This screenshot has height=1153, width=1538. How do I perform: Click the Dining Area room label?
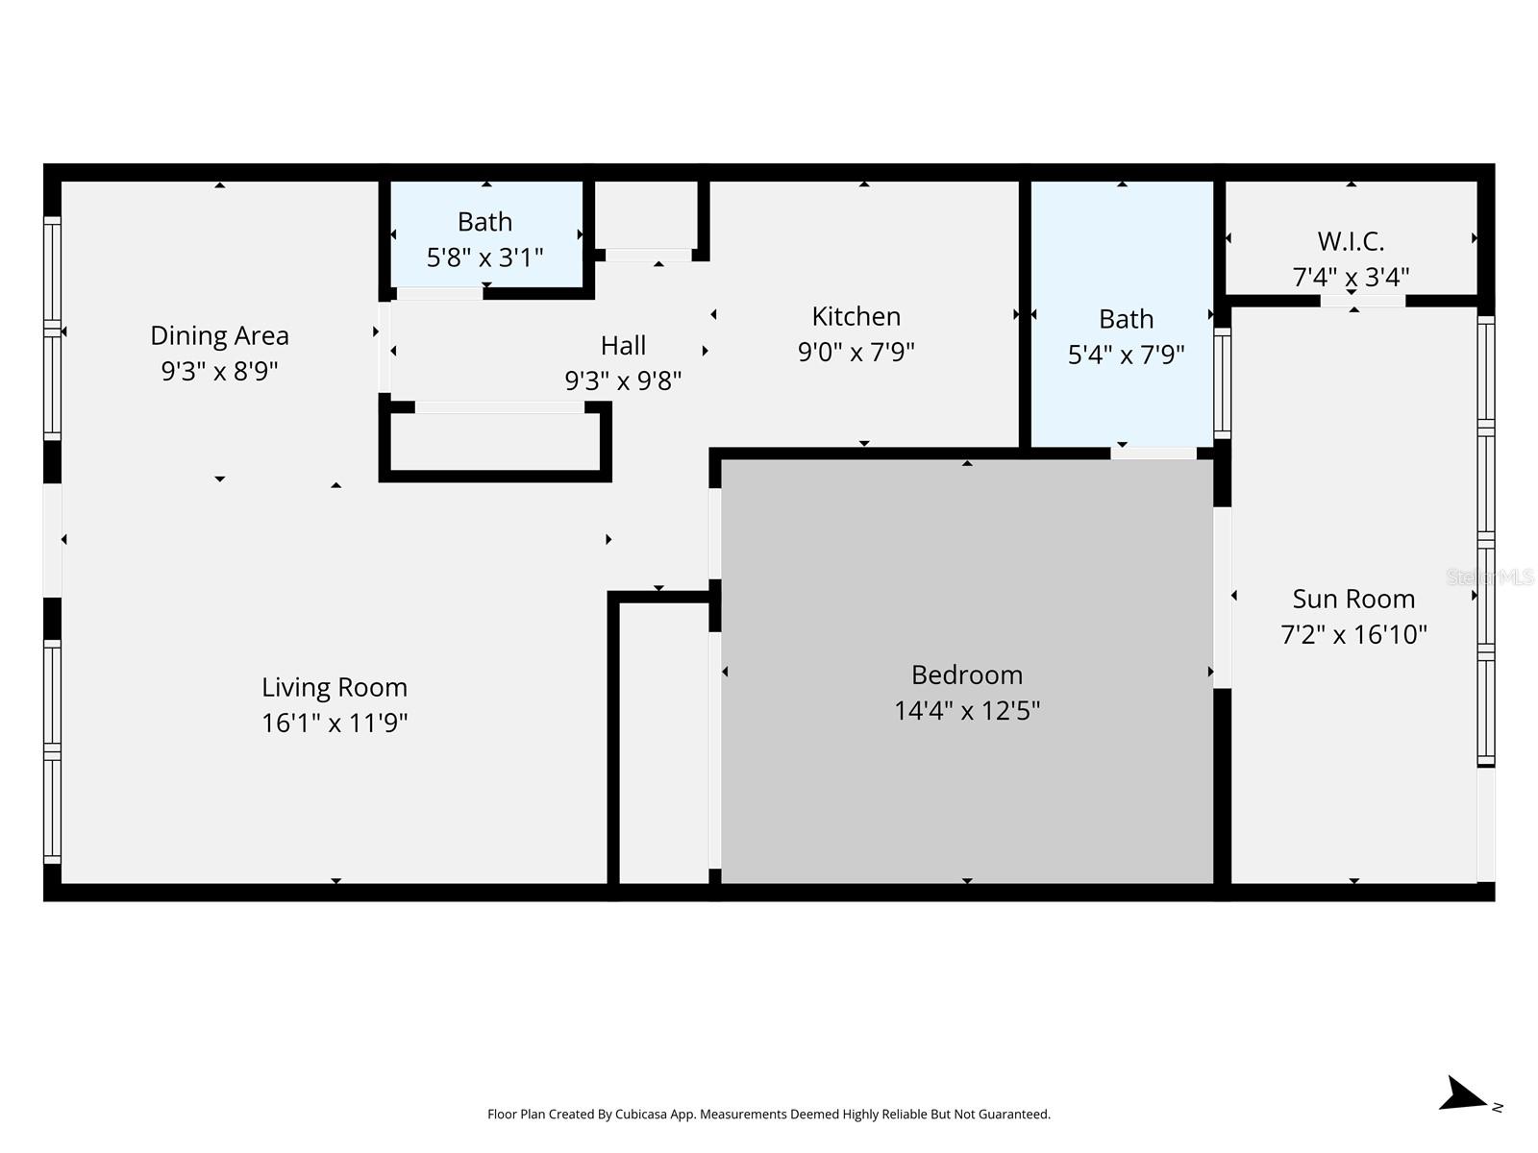point(219,335)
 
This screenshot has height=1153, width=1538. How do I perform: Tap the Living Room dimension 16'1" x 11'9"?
point(335,723)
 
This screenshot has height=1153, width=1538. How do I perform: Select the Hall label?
point(623,345)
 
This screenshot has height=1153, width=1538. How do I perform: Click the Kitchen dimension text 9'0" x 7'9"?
point(856,352)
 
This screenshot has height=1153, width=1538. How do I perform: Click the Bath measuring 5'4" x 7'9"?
point(1126,336)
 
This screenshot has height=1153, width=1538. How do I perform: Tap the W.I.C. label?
point(1351,240)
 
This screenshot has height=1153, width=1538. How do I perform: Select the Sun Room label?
point(1353,599)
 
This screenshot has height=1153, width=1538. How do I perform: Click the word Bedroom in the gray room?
point(967,675)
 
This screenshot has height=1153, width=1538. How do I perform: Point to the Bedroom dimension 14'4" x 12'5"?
point(967,711)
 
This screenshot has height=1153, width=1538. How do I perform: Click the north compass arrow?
point(1464,1095)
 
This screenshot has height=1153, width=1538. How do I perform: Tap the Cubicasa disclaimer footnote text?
point(769,1115)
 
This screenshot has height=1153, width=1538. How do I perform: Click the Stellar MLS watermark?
point(1490,577)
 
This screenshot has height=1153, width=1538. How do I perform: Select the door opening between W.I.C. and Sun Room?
point(1362,301)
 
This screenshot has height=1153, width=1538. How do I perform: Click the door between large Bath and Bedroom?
point(1153,453)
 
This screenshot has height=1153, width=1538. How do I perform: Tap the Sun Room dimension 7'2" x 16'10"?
point(1353,634)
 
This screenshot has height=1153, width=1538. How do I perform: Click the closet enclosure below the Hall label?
point(495,443)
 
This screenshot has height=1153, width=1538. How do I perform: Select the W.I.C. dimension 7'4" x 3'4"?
point(1351,277)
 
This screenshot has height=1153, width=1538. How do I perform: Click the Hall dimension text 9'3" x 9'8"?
point(623,380)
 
